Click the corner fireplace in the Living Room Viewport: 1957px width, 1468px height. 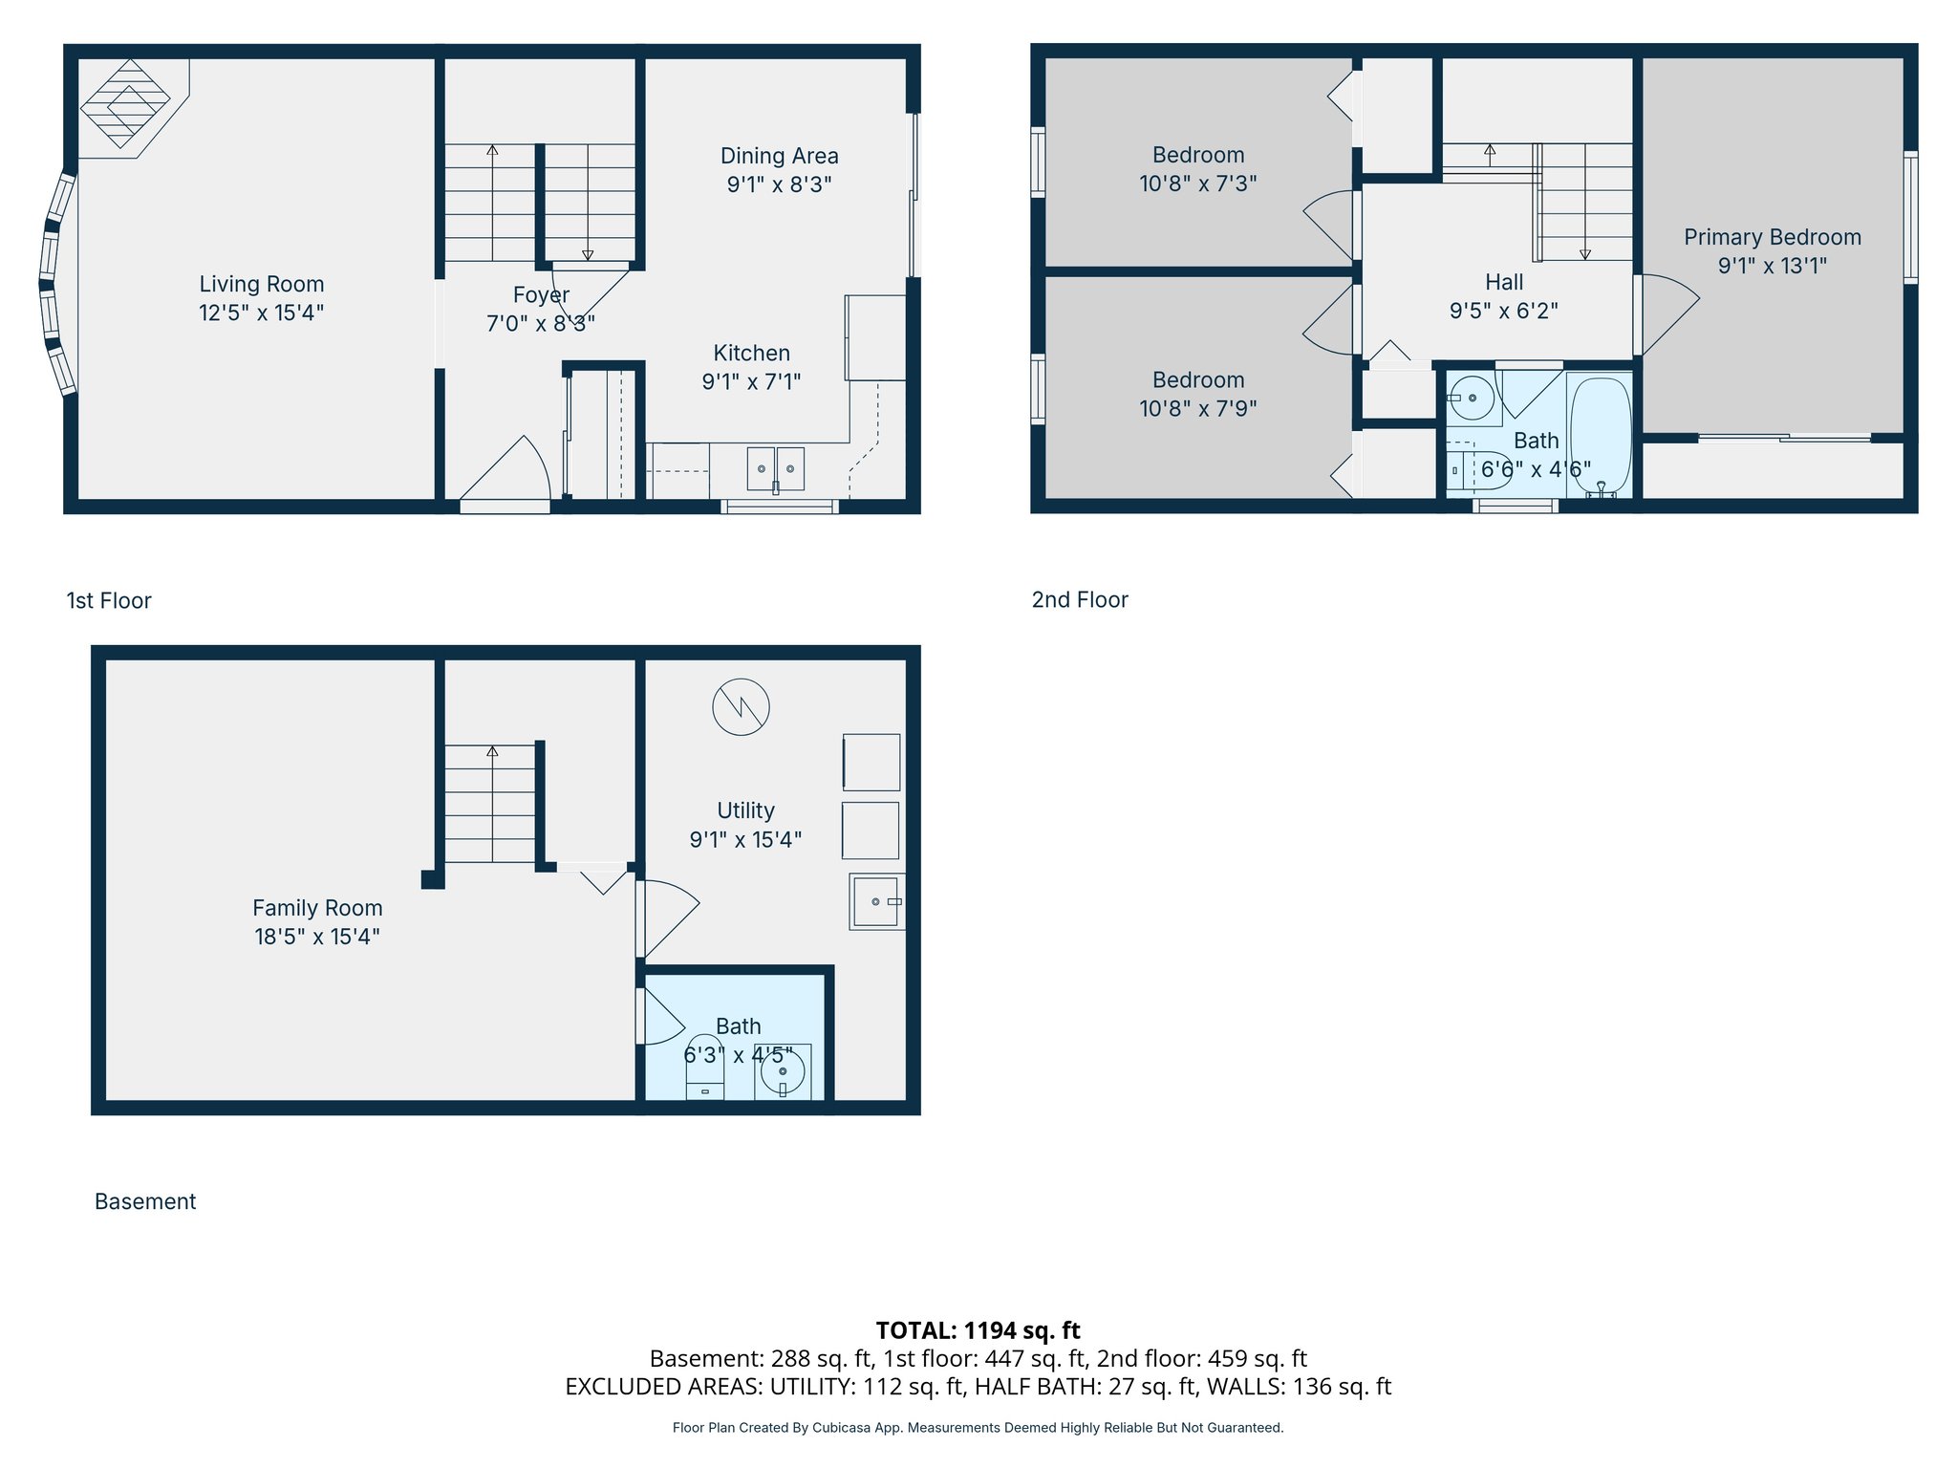click(125, 103)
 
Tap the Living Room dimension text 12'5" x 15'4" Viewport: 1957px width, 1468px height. click(261, 313)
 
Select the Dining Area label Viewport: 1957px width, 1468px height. click(779, 156)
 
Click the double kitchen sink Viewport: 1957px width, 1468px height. click(775, 469)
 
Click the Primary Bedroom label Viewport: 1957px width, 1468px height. click(1772, 237)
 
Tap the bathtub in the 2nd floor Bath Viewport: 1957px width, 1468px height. click(1600, 436)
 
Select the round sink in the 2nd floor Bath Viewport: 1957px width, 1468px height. click(1472, 398)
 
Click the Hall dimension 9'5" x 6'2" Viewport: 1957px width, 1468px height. click(1503, 311)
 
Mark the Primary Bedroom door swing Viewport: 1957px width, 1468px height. click(1665, 312)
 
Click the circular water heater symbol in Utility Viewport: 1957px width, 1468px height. click(741, 707)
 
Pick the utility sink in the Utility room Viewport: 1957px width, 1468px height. click(876, 901)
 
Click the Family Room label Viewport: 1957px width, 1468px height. click(317, 908)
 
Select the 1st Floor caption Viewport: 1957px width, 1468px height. click(109, 600)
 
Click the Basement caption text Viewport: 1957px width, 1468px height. click(145, 1201)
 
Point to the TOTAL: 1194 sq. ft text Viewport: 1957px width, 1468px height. click(978, 1329)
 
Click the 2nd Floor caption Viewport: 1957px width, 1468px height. click(1079, 599)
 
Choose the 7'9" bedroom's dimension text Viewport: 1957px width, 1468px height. click(1197, 409)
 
